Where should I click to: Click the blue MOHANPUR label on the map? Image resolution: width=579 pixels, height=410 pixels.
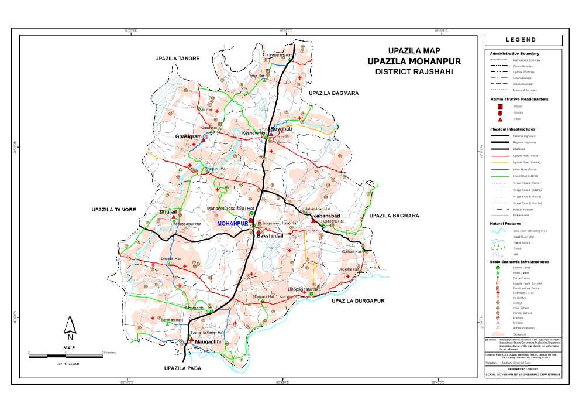pos(232,224)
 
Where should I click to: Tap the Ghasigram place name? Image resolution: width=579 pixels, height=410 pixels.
pos(188,136)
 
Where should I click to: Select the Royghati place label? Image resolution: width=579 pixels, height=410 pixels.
pos(280,128)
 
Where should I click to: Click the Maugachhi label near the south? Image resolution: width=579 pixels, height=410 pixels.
pos(208,341)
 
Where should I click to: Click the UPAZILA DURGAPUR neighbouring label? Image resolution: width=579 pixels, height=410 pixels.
pos(357,300)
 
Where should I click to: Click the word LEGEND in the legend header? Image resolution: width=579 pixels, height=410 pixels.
pos(523,40)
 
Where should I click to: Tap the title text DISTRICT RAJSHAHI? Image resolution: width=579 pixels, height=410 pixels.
pos(413,72)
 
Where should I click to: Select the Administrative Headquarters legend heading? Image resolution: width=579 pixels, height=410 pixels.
pos(519,99)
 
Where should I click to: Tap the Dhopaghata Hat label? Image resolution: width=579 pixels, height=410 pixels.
pos(305,289)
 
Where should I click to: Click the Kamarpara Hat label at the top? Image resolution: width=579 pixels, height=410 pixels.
pos(279,55)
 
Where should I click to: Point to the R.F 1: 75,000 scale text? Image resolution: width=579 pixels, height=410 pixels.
pos(68,364)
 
